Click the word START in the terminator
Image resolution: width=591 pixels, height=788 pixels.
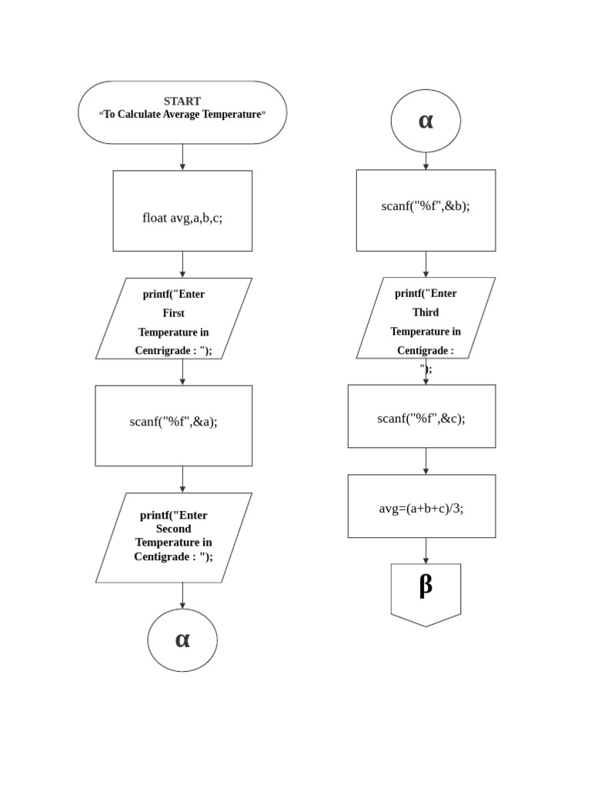click(x=182, y=101)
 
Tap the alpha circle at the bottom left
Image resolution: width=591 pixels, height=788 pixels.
click(x=182, y=640)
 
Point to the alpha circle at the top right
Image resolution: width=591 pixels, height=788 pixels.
click(x=426, y=121)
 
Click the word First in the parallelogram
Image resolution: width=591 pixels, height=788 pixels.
click(x=173, y=313)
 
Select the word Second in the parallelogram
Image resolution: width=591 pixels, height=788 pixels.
click(x=173, y=529)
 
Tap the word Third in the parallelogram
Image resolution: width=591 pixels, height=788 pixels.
click(x=426, y=312)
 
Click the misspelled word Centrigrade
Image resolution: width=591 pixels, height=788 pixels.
click(x=166, y=351)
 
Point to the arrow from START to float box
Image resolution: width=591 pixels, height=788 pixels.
click(x=182, y=157)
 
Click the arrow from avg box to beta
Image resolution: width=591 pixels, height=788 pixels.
click(x=426, y=550)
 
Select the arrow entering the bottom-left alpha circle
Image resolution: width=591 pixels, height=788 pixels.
click(x=182, y=596)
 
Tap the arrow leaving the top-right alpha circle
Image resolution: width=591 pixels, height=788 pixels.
click(x=426, y=161)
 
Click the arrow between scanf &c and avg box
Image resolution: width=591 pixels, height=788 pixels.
click(x=426, y=461)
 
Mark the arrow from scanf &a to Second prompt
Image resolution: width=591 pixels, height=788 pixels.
click(x=182, y=479)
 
